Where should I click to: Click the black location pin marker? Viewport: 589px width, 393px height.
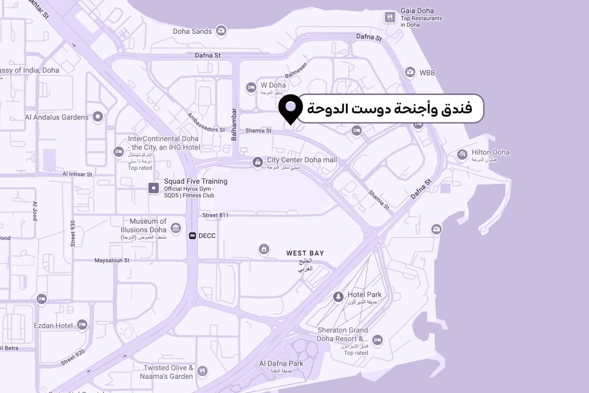(291, 108)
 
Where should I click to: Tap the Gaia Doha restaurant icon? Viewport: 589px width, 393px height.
(389, 17)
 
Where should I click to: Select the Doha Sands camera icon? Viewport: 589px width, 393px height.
(221, 31)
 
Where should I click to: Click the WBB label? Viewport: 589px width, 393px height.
(428, 72)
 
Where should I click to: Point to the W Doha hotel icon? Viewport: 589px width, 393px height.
(251, 87)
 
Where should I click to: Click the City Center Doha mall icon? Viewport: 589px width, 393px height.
(257, 162)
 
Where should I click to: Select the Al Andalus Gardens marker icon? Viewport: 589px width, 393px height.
(98, 116)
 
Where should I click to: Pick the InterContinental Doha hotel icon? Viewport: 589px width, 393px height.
(118, 151)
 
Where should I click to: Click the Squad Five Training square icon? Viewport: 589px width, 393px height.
(154, 188)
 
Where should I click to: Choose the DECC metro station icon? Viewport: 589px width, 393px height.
(193, 236)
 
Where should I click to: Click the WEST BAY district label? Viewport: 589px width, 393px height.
(305, 253)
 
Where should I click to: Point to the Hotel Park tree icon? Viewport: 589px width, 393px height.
(338, 297)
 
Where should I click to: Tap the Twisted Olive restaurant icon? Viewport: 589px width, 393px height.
(202, 371)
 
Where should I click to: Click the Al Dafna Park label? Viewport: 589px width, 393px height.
(281, 364)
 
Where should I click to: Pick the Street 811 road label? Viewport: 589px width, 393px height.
(215, 216)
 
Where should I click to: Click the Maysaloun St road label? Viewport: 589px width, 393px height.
(112, 260)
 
